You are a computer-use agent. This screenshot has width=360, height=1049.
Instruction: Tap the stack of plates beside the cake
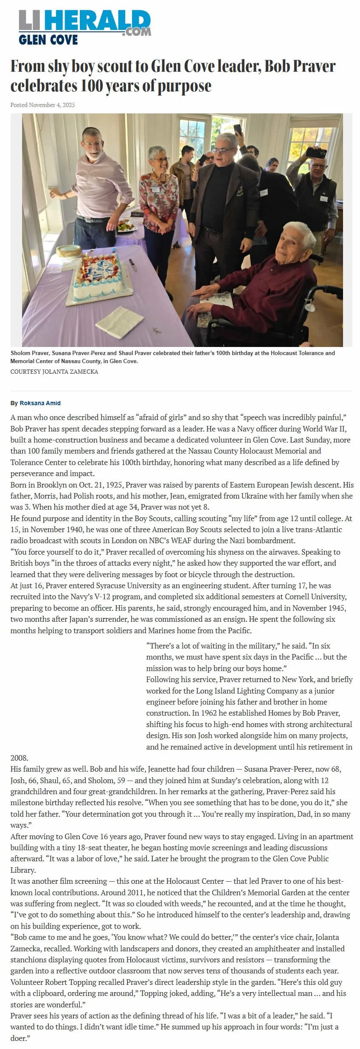[69, 251]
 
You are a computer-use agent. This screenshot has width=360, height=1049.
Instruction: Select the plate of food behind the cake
[126, 226]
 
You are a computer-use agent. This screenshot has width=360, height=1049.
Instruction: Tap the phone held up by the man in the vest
[315, 152]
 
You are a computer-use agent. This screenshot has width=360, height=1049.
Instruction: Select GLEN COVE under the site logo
[48, 40]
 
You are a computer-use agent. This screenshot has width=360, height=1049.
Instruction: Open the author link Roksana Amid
[40, 403]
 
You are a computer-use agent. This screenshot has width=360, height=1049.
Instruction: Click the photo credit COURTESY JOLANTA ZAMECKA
[54, 372]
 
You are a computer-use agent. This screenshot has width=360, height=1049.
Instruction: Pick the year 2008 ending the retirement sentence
[19, 758]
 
